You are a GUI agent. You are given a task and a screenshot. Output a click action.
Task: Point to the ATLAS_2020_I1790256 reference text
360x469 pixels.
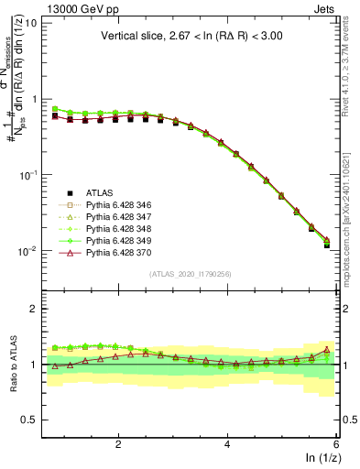(191, 275)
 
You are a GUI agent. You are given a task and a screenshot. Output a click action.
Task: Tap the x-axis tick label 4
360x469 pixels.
(227, 443)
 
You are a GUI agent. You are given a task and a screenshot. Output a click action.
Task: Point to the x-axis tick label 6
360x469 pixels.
(336, 443)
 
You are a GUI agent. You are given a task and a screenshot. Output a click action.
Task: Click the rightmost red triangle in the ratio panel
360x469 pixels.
(327, 349)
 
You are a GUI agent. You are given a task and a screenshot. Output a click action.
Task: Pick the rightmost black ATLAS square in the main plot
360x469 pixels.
(327, 245)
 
